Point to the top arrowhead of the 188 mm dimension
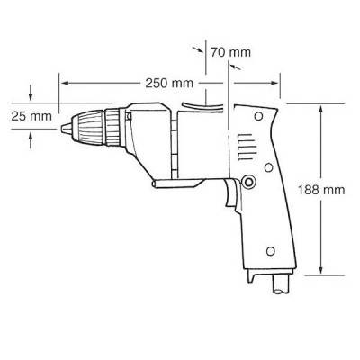(322, 106)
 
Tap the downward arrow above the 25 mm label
(31, 95)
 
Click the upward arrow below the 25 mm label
(31, 136)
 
